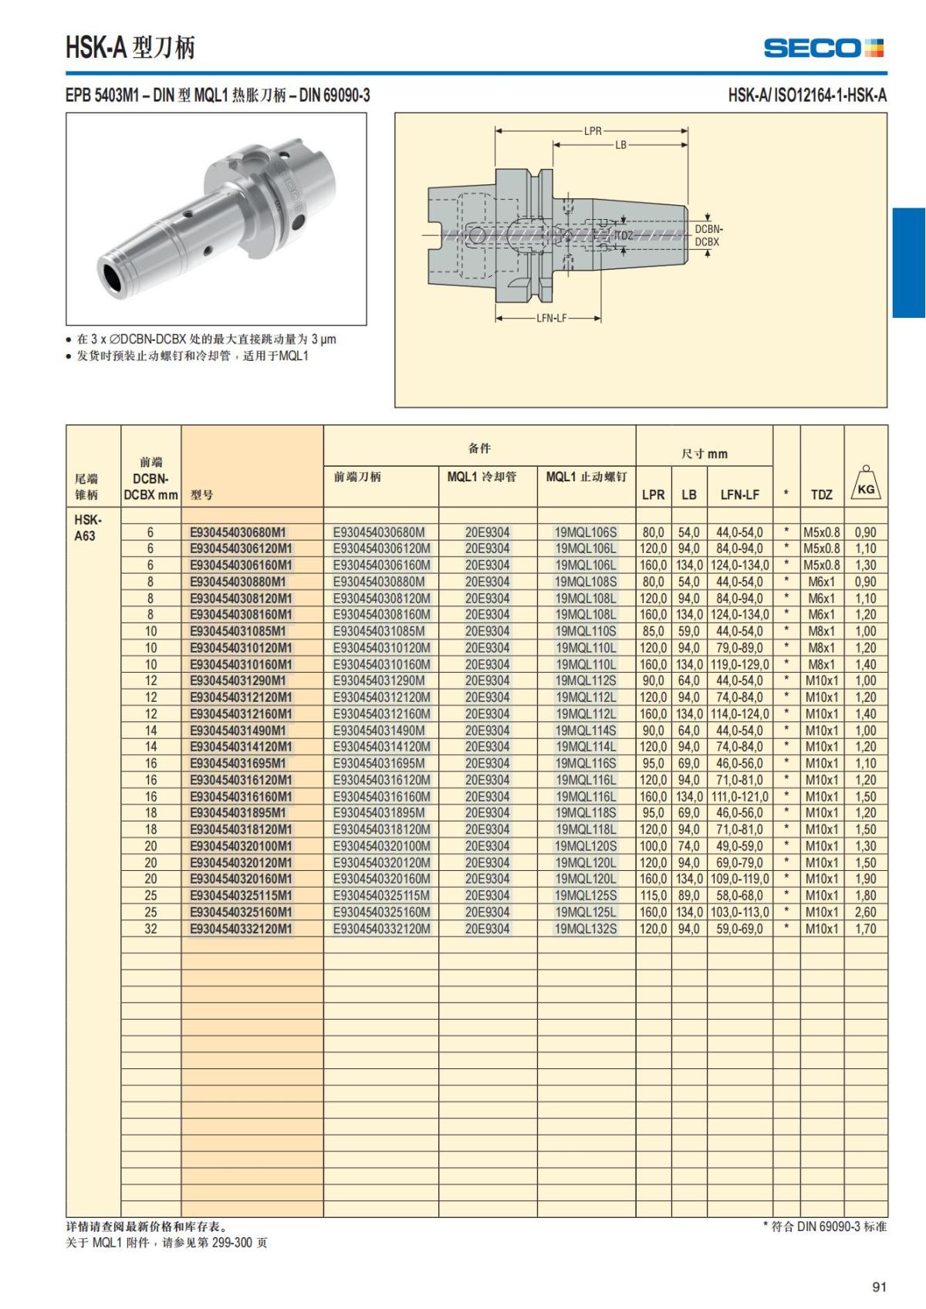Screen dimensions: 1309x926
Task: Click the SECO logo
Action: click(823, 48)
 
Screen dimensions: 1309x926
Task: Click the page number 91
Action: click(879, 1287)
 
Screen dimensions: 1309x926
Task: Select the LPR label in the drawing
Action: click(592, 131)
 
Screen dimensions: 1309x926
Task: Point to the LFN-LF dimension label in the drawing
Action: click(551, 318)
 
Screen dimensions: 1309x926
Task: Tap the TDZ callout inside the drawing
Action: click(624, 235)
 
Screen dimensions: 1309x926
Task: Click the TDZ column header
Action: click(821, 494)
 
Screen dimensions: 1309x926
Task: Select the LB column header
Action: click(688, 494)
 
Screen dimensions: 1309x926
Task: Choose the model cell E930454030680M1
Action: click(238, 532)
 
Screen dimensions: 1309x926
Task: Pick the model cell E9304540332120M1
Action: click(241, 929)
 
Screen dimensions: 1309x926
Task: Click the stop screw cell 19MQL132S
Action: click(586, 929)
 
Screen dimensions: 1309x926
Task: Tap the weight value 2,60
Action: click(865, 912)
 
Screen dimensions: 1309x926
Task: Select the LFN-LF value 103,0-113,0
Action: click(739, 912)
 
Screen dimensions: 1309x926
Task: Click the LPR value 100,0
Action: click(653, 846)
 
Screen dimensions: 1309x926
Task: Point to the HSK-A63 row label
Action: click(87, 527)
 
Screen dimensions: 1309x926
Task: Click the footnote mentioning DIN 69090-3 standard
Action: click(824, 1226)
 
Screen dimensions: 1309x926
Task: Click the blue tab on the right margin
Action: click(909, 262)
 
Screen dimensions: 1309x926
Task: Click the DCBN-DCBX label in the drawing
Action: click(708, 235)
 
